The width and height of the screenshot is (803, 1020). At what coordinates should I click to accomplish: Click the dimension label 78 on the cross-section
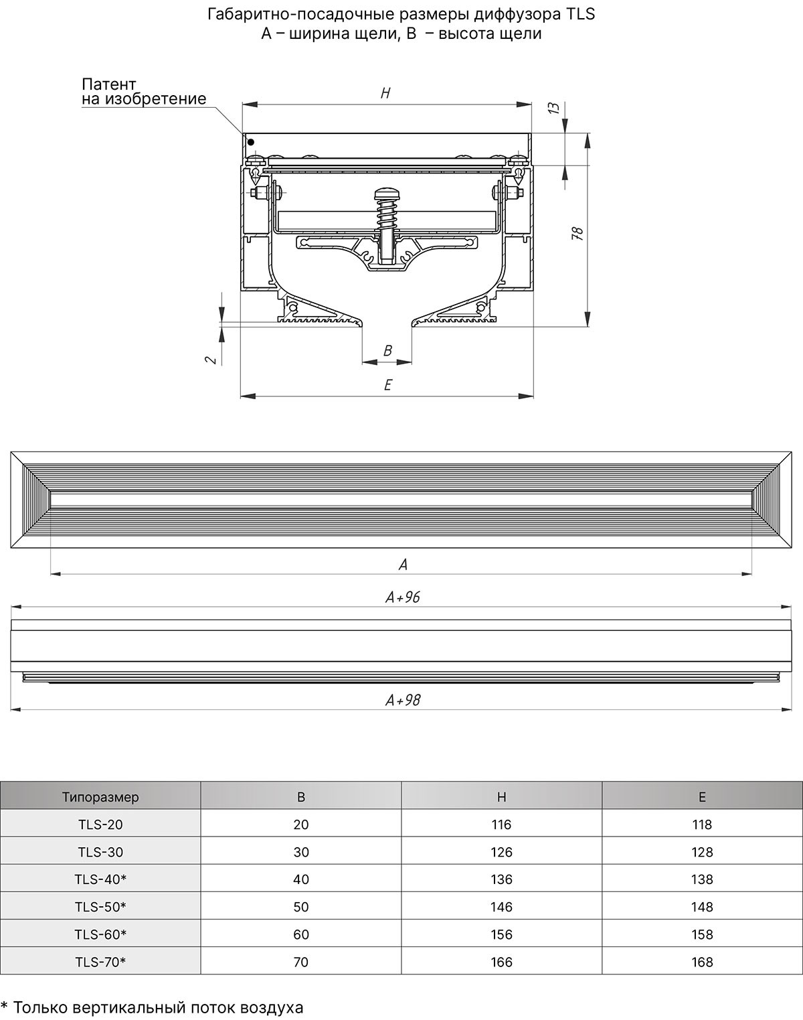[x=577, y=234]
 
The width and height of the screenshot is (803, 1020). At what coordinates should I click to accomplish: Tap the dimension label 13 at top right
[x=553, y=108]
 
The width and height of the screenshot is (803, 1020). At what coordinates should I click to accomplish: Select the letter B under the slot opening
[x=387, y=351]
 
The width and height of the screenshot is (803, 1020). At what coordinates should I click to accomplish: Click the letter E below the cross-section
[x=387, y=384]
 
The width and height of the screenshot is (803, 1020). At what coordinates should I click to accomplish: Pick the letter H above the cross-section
[x=385, y=93]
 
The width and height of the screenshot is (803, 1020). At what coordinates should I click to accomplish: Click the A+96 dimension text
[x=403, y=597]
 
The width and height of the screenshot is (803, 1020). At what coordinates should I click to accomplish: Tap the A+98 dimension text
[x=403, y=700]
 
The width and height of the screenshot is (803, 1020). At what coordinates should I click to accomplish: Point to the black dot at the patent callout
[x=251, y=142]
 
